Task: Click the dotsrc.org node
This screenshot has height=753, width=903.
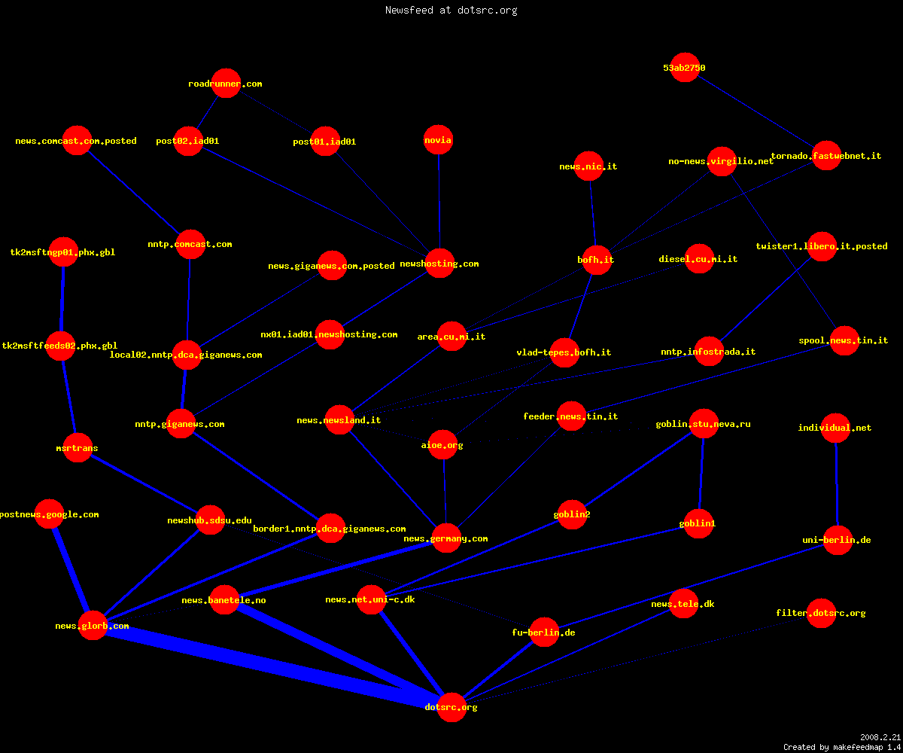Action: coord(451,707)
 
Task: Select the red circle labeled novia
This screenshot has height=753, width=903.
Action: coord(438,140)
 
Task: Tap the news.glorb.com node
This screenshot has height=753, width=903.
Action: coord(93,625)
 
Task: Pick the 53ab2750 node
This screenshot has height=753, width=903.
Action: coord(685,68)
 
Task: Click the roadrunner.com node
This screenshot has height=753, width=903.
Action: coord(226,83)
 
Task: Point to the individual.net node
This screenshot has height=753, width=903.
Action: coord(835,428)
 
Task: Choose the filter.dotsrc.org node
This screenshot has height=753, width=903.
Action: coord(821,613)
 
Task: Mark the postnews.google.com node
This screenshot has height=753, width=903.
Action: coord(50,514)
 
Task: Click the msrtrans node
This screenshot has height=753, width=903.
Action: coord(78,447)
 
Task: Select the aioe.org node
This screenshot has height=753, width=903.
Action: coord(442,444)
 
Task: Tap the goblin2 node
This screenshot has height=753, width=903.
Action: coord(572,514)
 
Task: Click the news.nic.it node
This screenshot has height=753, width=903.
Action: coord(588,166)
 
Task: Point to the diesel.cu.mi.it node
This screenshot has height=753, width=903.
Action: coord(699,258)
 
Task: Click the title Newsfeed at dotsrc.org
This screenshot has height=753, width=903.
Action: coord(451,10)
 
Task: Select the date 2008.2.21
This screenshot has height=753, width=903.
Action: coord(880,737)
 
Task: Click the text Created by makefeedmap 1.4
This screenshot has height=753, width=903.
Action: coord(842,747)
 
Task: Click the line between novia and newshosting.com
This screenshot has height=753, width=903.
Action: coord(439,201)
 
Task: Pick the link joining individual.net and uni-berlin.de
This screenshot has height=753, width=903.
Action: coord(836,484)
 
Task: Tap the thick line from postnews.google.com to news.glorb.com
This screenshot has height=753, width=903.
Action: coord(71,569)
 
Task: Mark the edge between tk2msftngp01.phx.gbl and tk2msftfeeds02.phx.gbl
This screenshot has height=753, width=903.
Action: coord(62,299)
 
